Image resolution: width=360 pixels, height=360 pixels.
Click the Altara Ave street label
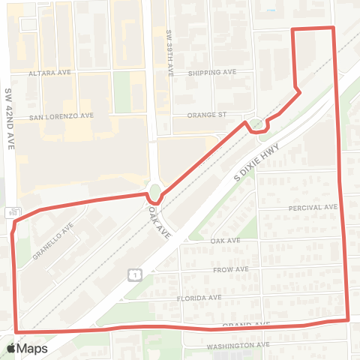(x=49, y=73)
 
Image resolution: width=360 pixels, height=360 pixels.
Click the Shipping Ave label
(x=212, y=72)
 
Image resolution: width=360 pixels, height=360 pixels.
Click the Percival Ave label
(x=312, y=207)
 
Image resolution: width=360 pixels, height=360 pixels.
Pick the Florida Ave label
(x=199, y=298)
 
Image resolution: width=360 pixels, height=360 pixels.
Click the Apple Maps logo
(x=26, y=348)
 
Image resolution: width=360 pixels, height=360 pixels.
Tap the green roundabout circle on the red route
(x=155, y=193)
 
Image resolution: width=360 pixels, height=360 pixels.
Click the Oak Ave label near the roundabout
(x=160, y=223)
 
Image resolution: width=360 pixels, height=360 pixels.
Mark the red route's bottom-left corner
(x=16, y=330)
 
